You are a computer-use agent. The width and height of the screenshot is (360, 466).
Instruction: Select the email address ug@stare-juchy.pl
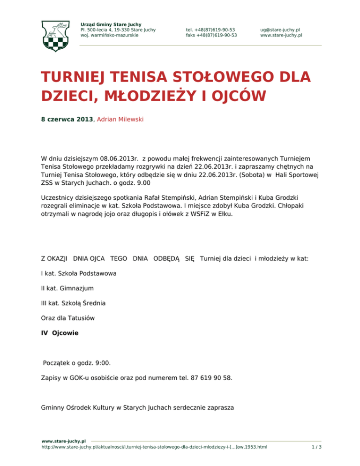(280, 29)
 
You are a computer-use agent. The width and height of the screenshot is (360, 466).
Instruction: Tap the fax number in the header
(211, 35)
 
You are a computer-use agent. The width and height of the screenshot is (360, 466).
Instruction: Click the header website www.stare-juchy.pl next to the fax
(281, 35)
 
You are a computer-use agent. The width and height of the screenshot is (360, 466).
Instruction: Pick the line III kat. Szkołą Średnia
(73, 303)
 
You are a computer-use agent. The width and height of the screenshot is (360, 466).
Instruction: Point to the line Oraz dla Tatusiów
(68, 318)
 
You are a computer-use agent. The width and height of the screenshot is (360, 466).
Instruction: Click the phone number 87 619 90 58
(210, 377)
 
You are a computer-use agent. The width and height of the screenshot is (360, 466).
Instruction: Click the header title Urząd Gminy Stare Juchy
(111, 24)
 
